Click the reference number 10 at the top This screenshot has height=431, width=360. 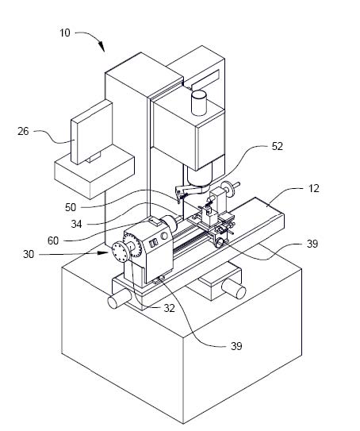click(64, 33)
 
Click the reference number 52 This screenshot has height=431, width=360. click(277, 146)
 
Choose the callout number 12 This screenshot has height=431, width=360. click(314, 188)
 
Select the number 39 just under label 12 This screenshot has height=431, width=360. click(312, 244)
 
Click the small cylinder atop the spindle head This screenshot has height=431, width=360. click(198, 102)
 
